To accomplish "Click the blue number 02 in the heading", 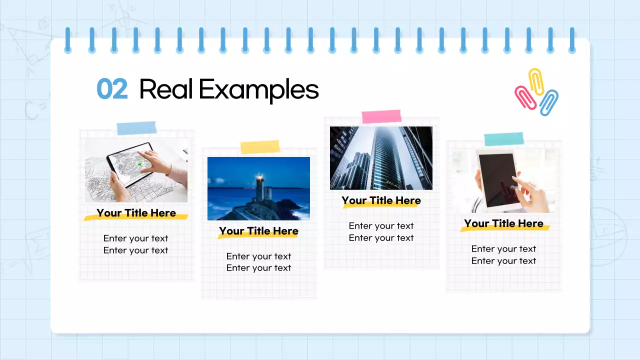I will point(112,90).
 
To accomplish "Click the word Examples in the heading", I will point(258,90).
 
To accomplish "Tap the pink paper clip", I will point(525,97).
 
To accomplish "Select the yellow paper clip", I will point(536,81).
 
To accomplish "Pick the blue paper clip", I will point(549,102).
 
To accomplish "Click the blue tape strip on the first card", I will point(136,128).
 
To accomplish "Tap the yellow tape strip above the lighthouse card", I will point(259,147).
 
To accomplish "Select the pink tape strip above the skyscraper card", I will point(381,116).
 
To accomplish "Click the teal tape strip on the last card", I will point(504,139).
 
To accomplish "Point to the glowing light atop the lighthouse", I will point(259,176).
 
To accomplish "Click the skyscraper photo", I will point(381,158).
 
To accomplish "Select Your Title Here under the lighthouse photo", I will point(258,231).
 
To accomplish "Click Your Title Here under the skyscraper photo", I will point(381,200).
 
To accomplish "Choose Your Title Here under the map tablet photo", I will point(136,213).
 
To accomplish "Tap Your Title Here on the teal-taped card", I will point(503,223).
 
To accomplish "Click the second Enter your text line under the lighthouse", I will point(258,268).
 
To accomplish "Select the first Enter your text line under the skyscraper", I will point(381,226).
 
